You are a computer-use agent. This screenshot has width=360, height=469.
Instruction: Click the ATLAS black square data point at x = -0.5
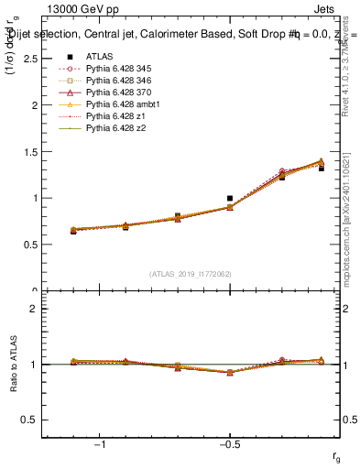point(230,198)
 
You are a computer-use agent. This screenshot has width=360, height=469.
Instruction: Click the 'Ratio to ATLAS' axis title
point(12,365)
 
